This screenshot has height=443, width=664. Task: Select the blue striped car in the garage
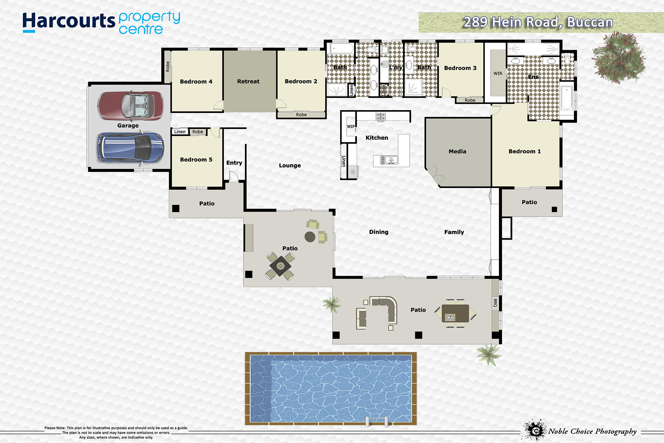[131, 148]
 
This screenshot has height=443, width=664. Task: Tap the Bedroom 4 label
[196, 81]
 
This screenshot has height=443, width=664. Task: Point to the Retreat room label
[248, 81]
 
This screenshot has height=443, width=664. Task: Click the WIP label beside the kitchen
[351, 127]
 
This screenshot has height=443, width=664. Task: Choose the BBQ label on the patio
[495, 303]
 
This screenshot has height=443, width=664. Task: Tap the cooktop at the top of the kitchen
[380, 116]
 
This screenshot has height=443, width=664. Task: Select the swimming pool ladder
[377, 421]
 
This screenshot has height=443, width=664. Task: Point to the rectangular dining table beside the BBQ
[455, 313]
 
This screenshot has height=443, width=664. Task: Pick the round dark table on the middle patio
[310, 237]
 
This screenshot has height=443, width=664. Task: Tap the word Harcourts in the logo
[69, 22]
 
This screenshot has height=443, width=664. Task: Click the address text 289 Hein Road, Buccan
[538, 22]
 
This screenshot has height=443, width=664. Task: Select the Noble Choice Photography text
[592, 431]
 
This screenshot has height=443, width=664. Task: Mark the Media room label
[458, 151]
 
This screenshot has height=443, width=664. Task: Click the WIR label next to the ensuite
[498, 73]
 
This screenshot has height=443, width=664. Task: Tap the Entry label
[234, 163]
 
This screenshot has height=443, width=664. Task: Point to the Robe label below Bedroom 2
[301, 115]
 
